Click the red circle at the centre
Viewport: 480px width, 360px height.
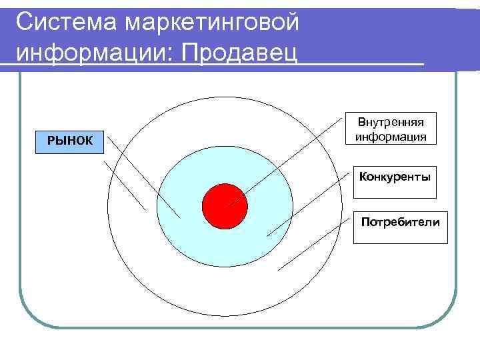pos(225,205)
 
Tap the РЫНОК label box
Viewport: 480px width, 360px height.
pos(70,141)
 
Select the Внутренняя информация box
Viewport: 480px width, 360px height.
pos(391,129)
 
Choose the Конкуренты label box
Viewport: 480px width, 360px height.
pos(395,182)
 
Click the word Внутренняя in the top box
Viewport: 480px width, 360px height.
pos(391,123)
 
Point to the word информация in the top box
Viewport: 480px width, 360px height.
pos(391,136)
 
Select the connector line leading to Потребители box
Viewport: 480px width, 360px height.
pos(315,243)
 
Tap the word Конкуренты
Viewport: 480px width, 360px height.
pos(395,177)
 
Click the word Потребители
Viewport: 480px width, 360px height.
pos(400,221)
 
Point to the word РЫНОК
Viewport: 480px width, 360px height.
pos(69,141)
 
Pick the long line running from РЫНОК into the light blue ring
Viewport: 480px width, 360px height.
pos(143,177)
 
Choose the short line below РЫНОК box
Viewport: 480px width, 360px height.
pos(125,185)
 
